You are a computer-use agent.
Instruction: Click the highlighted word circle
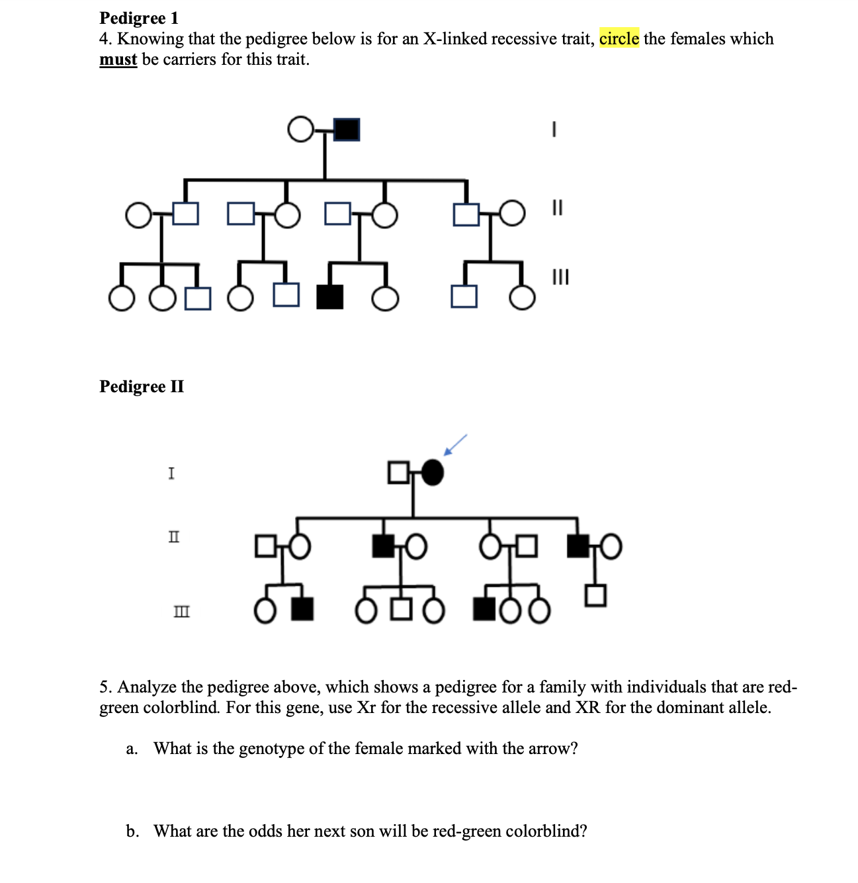(x=619, y=39)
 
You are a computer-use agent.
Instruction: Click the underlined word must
(x=118, y=60)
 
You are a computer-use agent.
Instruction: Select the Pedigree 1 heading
(x=139, y=18)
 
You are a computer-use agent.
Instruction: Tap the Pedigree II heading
(x=142, y=386)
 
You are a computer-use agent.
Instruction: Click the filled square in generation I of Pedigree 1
(x=347, y=129)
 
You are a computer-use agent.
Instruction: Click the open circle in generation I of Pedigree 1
(x=300, y=129)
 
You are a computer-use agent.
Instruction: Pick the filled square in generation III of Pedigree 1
(x=330, y=297)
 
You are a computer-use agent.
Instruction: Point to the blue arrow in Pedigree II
(x=455, y=444)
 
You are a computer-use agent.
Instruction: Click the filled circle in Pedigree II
(x=432, y=472)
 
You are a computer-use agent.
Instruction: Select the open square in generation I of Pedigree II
(x=398, y=472)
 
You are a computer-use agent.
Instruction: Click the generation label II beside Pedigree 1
(x=557, y=208)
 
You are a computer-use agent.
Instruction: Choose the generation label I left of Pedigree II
(x=171, y=473)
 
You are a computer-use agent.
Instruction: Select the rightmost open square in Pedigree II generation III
(x=595, y=595)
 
